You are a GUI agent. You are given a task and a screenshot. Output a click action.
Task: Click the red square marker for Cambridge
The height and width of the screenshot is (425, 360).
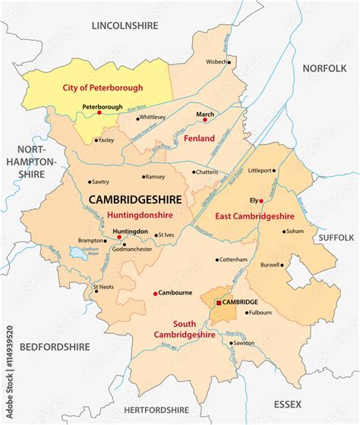pos(219,302)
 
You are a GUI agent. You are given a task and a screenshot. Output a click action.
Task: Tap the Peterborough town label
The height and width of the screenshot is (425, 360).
pos(101,106)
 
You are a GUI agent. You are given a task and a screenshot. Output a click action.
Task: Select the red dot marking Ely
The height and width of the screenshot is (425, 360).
pos(262,200)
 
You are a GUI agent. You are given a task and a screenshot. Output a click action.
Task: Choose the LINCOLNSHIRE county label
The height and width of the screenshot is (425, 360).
pos(125,25)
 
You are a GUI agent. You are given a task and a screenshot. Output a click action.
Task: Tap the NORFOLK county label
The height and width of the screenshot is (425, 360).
pos(324,68)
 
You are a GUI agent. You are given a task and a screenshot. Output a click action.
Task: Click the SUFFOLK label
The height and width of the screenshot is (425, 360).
pos(336,238)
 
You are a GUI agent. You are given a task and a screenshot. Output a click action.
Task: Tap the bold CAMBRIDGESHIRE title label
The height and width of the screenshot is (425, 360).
pos(135,199)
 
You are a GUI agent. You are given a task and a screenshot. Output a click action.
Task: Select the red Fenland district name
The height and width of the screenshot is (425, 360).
pos(201,138)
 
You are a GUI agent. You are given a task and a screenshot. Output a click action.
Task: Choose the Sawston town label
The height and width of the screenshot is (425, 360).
pos(244,342)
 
